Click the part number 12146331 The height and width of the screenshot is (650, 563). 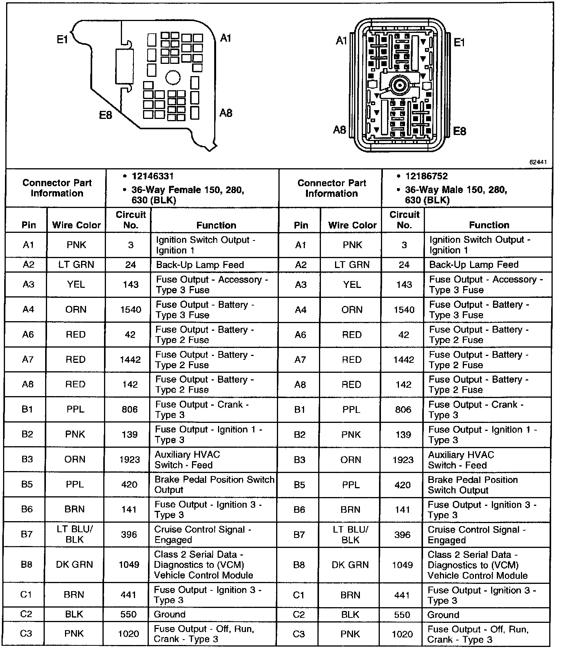point(153,176)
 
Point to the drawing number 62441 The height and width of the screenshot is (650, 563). point(538,162)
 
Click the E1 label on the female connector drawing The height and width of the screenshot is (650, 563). point(62,39)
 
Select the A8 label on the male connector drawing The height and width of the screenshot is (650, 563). point(339,130)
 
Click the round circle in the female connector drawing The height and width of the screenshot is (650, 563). point(172,78)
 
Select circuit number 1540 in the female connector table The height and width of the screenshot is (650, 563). point(131,309)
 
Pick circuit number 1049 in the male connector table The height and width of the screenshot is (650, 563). point(403,565)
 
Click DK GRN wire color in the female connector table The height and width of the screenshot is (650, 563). point(75,564)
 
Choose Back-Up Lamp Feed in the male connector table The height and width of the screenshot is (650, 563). point(474,265)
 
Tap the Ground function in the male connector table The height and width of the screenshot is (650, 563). point(443,615)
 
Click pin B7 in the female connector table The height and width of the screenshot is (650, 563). point(27,534)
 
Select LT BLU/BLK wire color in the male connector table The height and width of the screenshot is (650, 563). point(350,535)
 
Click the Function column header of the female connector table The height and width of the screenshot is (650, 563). point(216,225)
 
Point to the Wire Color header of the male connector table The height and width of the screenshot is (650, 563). point(352,225)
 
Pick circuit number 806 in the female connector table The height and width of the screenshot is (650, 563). point(130,409)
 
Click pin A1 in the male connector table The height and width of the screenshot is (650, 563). point(301,245)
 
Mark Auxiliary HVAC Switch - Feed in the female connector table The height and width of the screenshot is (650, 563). point(187,460)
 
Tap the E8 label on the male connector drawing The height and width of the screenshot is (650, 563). point(459,131)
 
